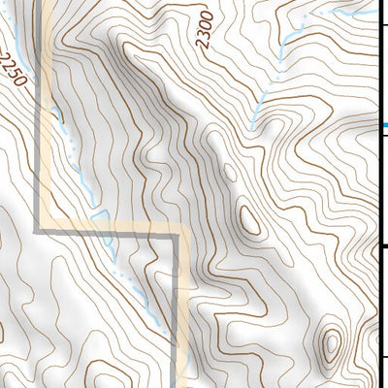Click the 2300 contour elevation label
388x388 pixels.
[x=204, y=30]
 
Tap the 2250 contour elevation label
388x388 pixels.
[x=13, y=69]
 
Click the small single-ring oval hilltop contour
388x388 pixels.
[x=248, y=221]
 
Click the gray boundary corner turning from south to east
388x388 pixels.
[x=39, y=231]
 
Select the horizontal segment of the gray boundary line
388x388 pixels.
[x=107, y=232]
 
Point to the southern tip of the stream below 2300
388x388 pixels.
[x=253, y=127]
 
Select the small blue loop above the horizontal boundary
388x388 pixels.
[x=97, y=214]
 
